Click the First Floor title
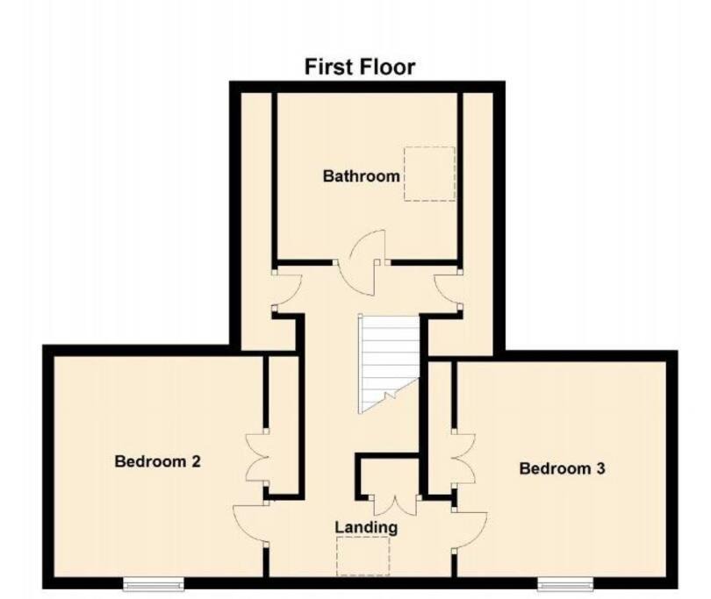(x=360, y=67)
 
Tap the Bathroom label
(x=362, y=175)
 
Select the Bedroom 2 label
(x=157, y=461)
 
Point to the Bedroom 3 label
(x=562, y=468)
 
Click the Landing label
(x=366, y=527)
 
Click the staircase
(x=389, y=363)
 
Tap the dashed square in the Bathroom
(x=429, y=174)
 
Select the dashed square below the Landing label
(x=363, y=556)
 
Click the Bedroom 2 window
(x=154, y=583)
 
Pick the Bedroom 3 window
(x=565, y=583)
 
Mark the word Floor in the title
(x=387, y=67)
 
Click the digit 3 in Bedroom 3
(x=600, y=468)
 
